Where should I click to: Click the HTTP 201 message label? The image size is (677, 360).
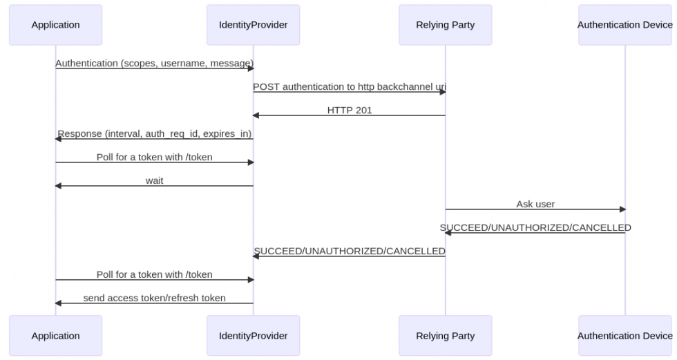pyautogui.click(x=349, y=110)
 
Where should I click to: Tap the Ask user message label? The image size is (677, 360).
pyautogui.click(x=535, y=204)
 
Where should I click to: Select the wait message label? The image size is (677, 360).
pyautogui.click(x=154, y=180)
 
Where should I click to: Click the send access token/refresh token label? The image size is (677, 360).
pyautogui.click(x=154, y=298)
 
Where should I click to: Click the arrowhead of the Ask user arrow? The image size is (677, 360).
pyautogui.click(x=622, y=209)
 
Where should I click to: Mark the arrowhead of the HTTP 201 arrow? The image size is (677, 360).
pyautogui.click(x=256, y=115)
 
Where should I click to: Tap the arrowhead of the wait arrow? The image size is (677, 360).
pyautogui.click(x=58, y=186)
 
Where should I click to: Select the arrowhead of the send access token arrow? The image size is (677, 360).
pyautogui.click(x=58, y=303)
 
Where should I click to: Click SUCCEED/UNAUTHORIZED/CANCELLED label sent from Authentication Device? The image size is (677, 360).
pyautogui.click(x=535, y=227)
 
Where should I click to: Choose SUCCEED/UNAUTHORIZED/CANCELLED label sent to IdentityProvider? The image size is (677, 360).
pyautogui.click(x=349, y=251)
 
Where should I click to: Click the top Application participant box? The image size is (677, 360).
pyautogui.click(x=55, y=25)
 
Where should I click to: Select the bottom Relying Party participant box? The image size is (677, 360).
pyautogui.click(x=445, y=336)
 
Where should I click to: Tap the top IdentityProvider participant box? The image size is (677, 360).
pyautogui.click(x=253, y=25)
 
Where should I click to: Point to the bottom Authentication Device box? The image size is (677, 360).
pyautogui.click(x=624, y=336)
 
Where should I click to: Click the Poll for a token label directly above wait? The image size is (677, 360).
pyautogui.click(x=154, y=157)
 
